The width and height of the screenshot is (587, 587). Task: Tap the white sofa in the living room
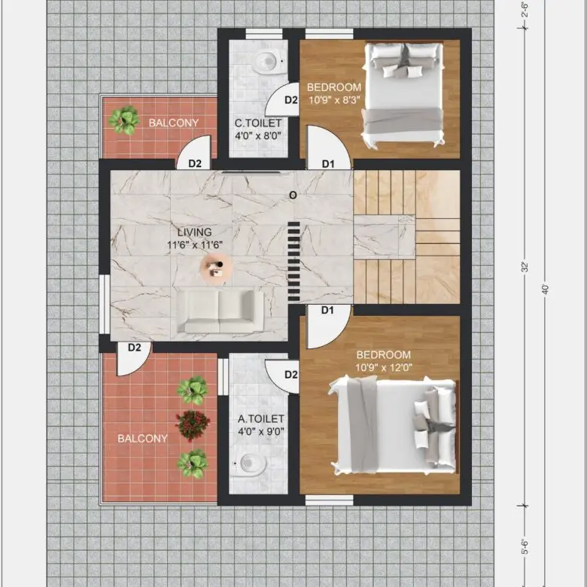click(220, 312)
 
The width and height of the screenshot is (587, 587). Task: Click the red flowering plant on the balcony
click(193, 426)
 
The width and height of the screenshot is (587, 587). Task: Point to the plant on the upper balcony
click(124, 120)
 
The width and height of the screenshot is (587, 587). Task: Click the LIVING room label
click(195, 232)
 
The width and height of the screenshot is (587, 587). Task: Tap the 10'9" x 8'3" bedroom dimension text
click(334, 100)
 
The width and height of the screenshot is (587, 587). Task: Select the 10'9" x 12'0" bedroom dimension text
click(384, 367)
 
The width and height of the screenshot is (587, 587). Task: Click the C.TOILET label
click(258, 123)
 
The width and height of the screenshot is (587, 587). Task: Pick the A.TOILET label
click(261, 418)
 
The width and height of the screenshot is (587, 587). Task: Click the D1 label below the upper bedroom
click(328, 163)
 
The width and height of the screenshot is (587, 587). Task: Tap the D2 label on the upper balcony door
click(195, 163)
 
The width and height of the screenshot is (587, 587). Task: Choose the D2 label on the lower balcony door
click(135, 348)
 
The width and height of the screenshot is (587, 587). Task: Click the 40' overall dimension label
click(545, 290)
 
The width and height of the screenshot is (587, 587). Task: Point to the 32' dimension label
click(525, 267)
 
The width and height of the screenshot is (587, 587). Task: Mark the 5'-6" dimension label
click(525, 546)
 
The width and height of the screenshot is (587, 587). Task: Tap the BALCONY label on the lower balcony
click(143, 439)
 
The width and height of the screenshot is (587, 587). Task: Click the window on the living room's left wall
click(105, 304)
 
